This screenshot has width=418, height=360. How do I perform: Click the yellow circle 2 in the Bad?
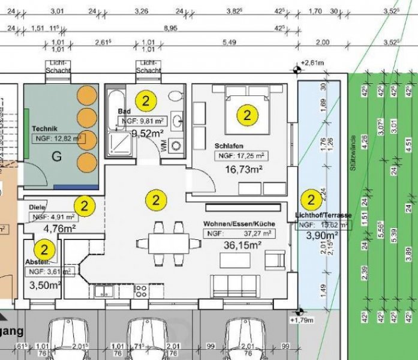click(145, 100)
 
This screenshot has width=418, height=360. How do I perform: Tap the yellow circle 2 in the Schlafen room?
click(245, 114)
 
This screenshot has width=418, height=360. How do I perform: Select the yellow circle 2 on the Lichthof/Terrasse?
click(311, 199)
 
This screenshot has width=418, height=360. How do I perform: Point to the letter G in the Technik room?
click(57, 157)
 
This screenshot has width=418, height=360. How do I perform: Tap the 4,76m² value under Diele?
click(59, 228)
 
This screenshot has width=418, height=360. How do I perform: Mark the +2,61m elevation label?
click(314, 62)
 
